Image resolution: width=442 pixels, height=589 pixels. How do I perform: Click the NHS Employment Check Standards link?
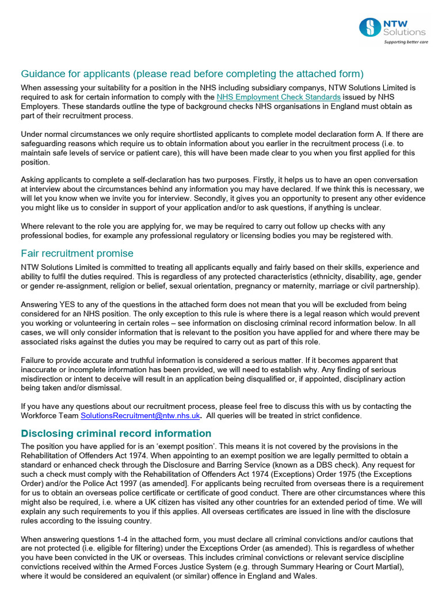pyautogui.click(x=278, y=97)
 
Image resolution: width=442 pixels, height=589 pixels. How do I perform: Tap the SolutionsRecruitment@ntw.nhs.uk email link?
pyautogui.click(x=140, y=415)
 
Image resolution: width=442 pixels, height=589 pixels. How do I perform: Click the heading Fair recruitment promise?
pyautogui.click(x=77, y=253)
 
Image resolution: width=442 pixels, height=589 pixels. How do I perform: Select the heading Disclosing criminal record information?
pyautogui.click(x=116, y=433)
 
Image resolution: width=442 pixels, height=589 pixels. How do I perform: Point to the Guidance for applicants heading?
pyautogui.click(x=192, y=74)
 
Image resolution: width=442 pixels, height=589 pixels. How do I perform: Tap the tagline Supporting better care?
pyautogui.click(x=406, y=43)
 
